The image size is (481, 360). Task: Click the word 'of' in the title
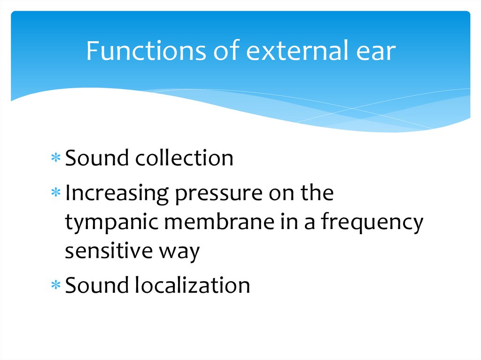[x=223, y=52]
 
